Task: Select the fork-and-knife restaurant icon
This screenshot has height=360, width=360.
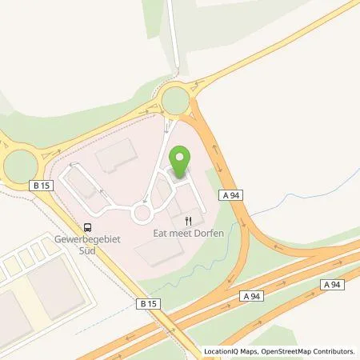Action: click(x=189, y=220)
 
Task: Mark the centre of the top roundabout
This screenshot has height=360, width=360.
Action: click(x=176, y=101)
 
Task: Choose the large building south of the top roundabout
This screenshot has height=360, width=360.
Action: click(x=115, y=154)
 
